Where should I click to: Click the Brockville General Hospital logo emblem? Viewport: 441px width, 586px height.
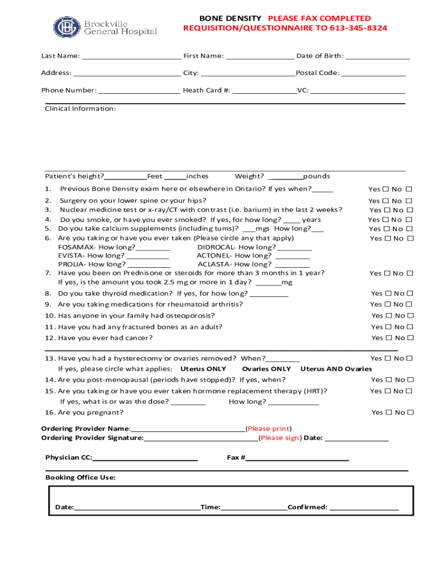pyautogui.click(x=67, y=27)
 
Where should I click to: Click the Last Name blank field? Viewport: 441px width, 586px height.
pyautogui.click(x=131, y=56)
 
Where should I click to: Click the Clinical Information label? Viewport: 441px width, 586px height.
pyautogui.click(x=80, y=109)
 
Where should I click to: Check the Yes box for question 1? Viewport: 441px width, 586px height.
pyautogui.click(x=385, y=189)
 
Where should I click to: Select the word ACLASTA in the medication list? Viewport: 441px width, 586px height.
pyautogui.click(x=212, y=264)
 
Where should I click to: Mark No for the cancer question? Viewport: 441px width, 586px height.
pyautogui.click(x=410, y=338)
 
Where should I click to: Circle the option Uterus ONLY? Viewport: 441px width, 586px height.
pyautogui.click(x=203, y=369)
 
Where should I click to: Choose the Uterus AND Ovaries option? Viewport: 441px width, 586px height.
pyautogui.click(x=336, y=369)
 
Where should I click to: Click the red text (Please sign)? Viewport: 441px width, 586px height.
pyautogui.click(x=279, y=438)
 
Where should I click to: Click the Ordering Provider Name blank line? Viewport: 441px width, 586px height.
pyautogui.click(x=188, y=429)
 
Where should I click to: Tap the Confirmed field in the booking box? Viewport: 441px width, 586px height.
pyautogui.click(x=364, y=507)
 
